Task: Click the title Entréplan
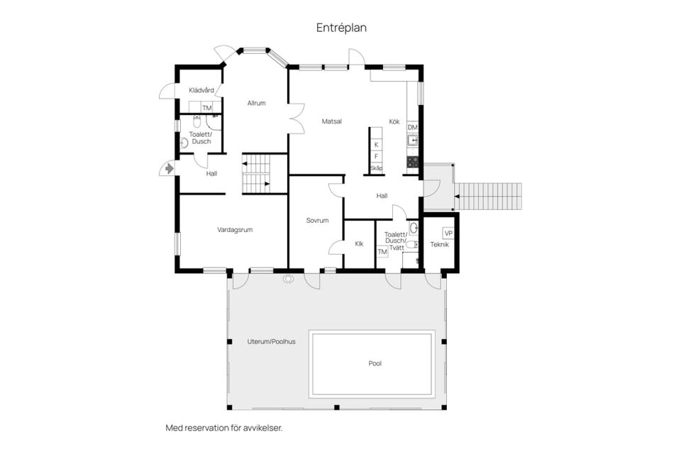pyautogui.click(x=341, y=28)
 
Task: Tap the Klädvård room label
pyautogui.click(x=201, y=91)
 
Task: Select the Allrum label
pyautogui.click(x=256, y=104)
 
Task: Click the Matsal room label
pyautogui.click(x=331, y=121)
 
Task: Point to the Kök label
pyautogui.click(x=394, y=122)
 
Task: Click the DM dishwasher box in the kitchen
pyautogui.click(x=412, y=127)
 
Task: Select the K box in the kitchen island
pyautogui.click(x=376, y=144)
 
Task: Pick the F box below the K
pyautogui.click(x=376, y=156)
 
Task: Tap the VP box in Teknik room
pyautogui.click(x=448, y=233)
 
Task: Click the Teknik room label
pyautogui.click(x=440, y=245)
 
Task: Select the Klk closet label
pyautogui.click(x=360, y=244)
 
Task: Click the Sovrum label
pyautogui.click(x=317, y=221)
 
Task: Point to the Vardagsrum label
pyautogui.click(x=235, y=230)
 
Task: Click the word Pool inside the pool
pyautogui.click(x=375, y=363)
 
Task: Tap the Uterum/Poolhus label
pyautogui.click(x=271, y=341)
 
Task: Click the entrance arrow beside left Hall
pyautogui.click(x=170, y=169)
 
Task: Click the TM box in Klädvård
pyautogui.click(x=207, y=109)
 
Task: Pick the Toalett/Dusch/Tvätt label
pyautogui.click(x=395, y=240)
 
